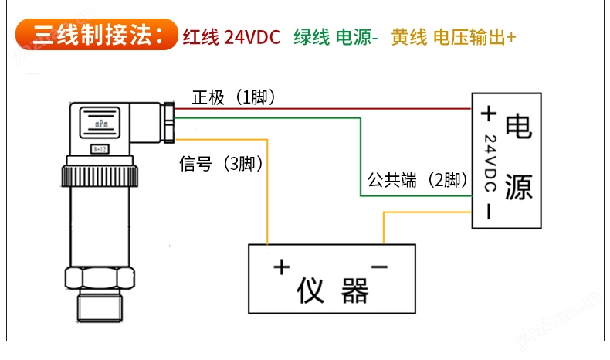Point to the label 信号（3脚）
[x=221, y=164]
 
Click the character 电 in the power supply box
[x=518, y=126]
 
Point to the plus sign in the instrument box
[x=281, y=268]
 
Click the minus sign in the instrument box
[x=379, y=267]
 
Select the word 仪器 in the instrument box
[x=333, y=290]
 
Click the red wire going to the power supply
[x=324, y=109]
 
